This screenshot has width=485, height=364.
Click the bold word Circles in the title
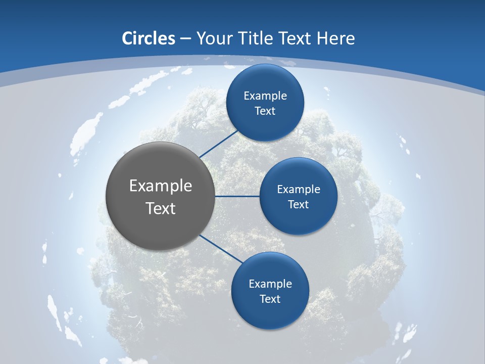point(149,38)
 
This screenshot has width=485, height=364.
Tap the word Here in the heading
point(335,38)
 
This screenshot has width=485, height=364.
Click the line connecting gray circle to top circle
point(220,144)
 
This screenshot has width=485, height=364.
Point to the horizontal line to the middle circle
point(237,196)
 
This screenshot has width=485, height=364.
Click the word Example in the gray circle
point(161,186)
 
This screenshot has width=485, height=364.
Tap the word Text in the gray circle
point(161,208)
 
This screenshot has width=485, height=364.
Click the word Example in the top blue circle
point(265,96)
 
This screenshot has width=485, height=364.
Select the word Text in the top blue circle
point(265,111)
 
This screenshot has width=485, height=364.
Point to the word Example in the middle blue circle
point(299,190)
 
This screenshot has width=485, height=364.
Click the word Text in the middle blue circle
point(298,204)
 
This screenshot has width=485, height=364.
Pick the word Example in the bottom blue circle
point(270,284)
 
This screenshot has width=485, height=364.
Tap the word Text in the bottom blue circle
point(270,299)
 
